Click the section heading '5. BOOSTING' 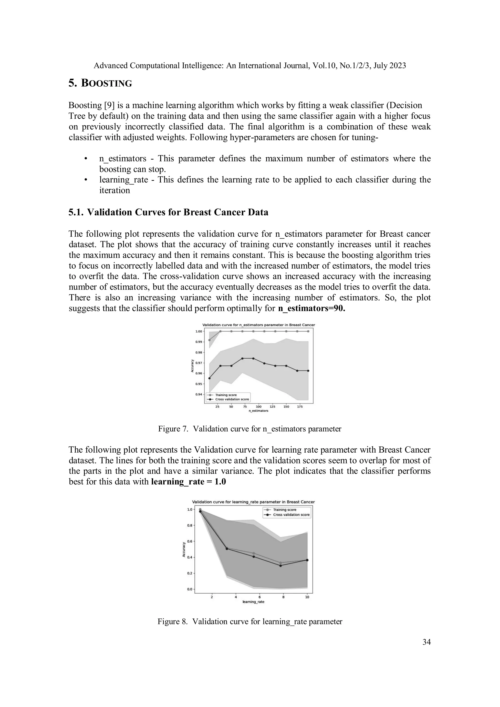(100, 83)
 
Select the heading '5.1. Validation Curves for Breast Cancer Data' (168, 212)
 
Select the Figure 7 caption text (250, 429)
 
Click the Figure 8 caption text (250, 621)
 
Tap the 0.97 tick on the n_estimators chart (199, 363)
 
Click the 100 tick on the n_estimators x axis (259, 407)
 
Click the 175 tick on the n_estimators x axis (300, 407)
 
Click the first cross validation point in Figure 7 (209, 378)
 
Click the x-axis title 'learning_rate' (253, 602)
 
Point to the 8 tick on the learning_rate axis (283, 597)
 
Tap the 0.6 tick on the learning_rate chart (189, 541)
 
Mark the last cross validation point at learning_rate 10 (307, 560)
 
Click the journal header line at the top (250, 66)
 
